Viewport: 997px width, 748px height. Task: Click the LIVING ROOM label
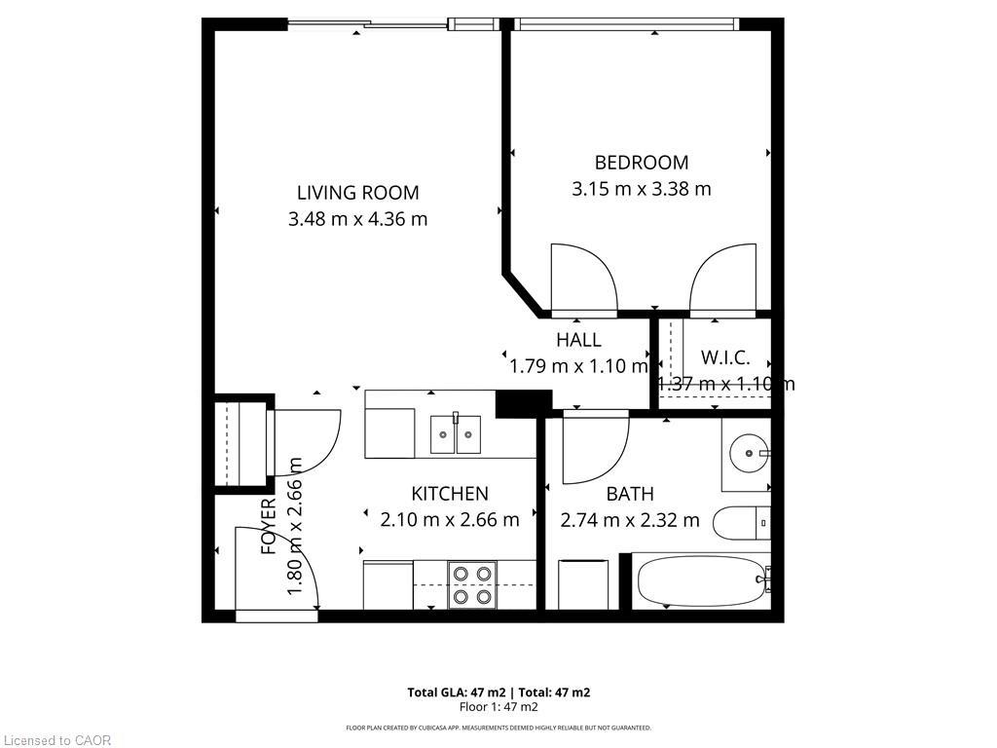click(x=357, y=192)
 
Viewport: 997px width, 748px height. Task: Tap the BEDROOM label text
click(x=641, y=163)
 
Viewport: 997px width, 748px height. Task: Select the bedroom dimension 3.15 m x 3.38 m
click(x=641, y=189)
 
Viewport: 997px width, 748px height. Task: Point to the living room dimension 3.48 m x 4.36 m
click(x=357, y=219)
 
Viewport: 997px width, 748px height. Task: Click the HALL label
click(x=578, y=340)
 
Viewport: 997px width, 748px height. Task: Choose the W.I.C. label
click(x=724, y=357)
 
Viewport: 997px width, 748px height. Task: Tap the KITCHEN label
click(x=449, y=494)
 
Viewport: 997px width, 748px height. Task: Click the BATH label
click(x=629, y=494)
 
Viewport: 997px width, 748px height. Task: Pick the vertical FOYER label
click(x=270, y=527)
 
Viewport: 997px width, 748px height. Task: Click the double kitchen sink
click(x=456, y=433)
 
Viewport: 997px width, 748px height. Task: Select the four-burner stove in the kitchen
click(x=472, y=584)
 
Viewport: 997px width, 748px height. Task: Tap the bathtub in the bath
click(x=699, y=581)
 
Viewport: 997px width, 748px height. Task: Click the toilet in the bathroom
click(x=742, y=524)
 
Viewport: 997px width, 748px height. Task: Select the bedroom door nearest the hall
click(x=583, y=280)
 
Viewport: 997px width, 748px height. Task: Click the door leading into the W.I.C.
click(x=722, y=280)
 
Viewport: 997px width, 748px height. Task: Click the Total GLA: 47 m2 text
click(x=453, y=692)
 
